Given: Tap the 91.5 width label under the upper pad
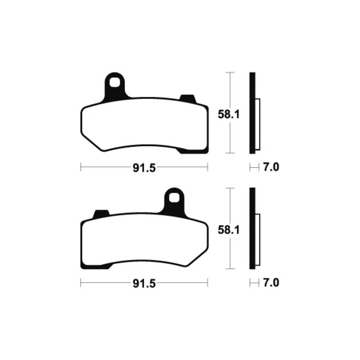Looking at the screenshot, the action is coord(144,168).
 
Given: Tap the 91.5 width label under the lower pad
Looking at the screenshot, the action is coord(144,284).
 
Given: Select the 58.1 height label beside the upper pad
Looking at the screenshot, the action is coord(229,114).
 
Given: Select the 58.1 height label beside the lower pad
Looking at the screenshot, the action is coord(229,230).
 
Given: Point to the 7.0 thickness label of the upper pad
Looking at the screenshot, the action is coord(271,167).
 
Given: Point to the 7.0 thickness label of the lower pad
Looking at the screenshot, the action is coord(271,283).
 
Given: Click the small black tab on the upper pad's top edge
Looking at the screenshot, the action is coord(188,99).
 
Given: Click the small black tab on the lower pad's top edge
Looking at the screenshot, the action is coord(101,214).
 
